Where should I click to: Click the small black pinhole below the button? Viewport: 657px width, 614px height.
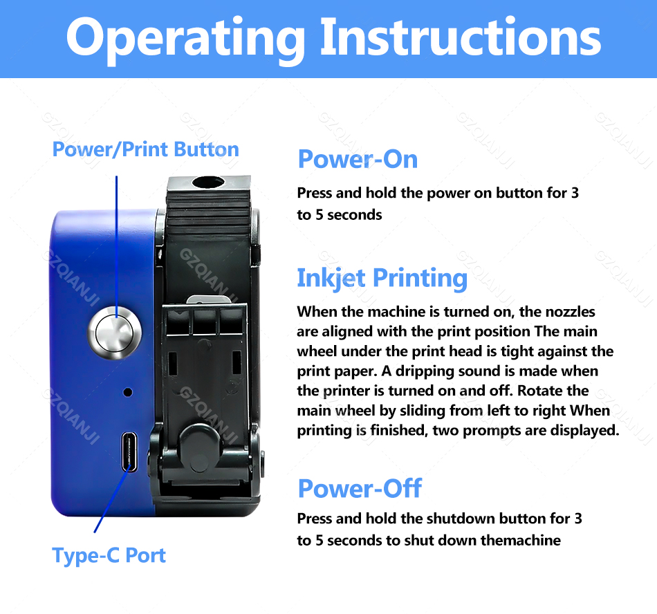(x=127, y=392)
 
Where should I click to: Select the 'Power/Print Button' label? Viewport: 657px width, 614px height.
(x=145, y=149)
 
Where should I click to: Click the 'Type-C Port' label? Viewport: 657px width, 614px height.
(x=109, y=555)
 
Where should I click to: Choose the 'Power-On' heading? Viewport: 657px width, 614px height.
(x=358, y=160)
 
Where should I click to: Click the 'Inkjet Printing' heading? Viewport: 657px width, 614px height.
(x=382, y=278)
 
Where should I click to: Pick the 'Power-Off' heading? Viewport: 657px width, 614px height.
(x=359, y=488)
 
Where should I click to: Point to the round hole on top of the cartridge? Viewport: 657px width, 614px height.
(x=208, y=183)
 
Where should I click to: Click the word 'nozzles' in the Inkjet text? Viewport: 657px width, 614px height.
(x=568, y=312)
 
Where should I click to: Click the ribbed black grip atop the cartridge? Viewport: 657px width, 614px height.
(x=207, y=218)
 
